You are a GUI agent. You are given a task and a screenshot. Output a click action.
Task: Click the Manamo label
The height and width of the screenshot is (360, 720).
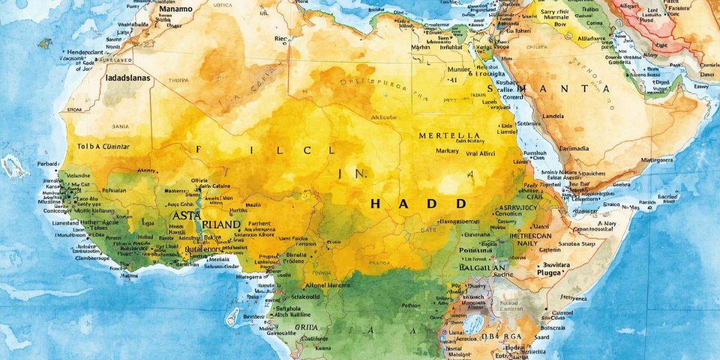pyautogui.click(x=175, y=9)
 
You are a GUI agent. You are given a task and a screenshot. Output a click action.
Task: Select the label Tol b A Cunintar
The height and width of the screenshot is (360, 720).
pyautogui.click(x=103, y=146)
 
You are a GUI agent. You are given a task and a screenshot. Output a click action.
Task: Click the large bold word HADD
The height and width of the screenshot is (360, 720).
pyautogui.click(x=418, y=204)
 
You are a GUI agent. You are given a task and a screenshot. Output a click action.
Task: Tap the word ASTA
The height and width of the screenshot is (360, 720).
pyautogui.click(x=187, y=215)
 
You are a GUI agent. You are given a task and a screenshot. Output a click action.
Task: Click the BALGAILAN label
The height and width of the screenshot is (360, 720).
pyautogui.click(x=483, y=267)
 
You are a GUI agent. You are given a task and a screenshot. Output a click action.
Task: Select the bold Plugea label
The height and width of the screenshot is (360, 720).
pyautogui.click(x=544, y=272)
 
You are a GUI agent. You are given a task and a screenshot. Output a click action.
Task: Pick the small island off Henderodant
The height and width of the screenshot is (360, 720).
pyautogui.click(x=46, y=43)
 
